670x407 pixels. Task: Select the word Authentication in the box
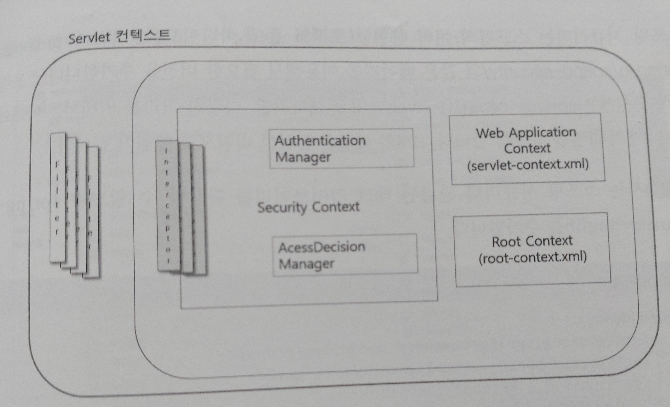pos(320,141)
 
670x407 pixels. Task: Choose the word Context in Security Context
pos(336,207)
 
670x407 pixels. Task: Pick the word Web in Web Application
pos(490,133)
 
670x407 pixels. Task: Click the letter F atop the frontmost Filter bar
pos(57,164)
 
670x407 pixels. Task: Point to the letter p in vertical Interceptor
pos(167,228)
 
